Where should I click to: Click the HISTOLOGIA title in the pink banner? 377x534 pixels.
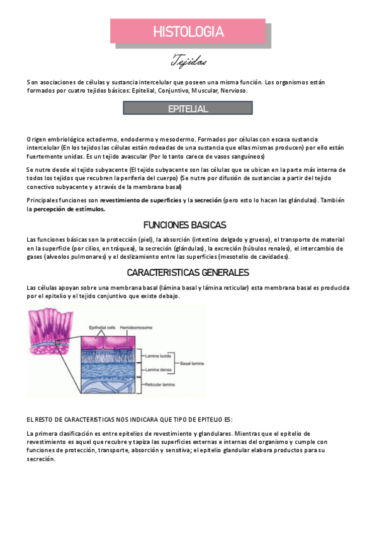pyautogui.click(x=188, y=31)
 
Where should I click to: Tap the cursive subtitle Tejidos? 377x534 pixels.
pyautogui.click(x=189, y=62)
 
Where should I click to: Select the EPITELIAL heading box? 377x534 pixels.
pyautogui.click(x=188, y=109)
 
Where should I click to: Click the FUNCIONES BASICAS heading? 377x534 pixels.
pyautogui.click(x=184, y=225)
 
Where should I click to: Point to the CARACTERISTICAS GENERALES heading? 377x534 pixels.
pyautogui.click(x=188, y=273)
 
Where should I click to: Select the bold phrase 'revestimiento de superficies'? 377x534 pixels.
pyautogui.click(x=140, y=200)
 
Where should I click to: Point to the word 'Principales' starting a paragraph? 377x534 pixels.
pyautogui.click(x=43, y=200)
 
